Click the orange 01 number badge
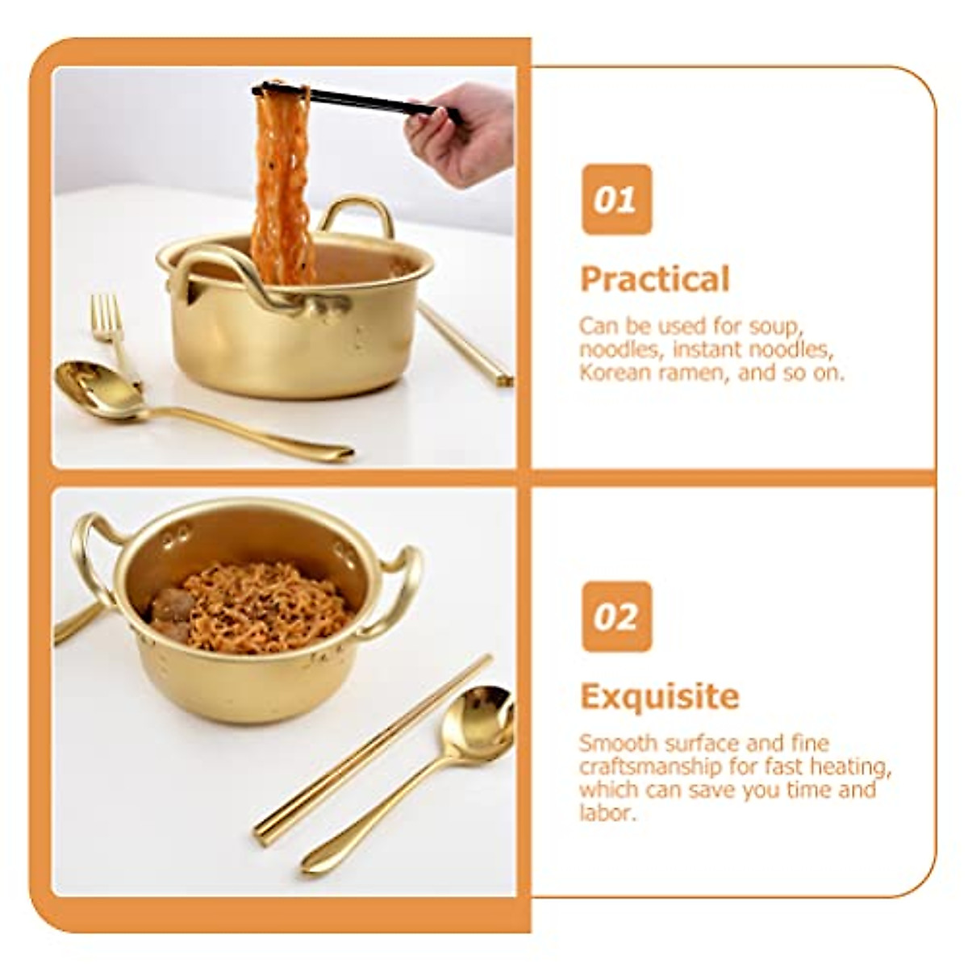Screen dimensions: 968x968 pos(616,199)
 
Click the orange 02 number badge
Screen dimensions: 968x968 pos(616,616)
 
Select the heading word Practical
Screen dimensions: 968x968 pos(654,279)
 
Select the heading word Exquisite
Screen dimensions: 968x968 pos(659,696)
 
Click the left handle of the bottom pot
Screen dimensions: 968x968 pos(89,553)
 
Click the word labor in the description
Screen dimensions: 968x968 pos(606,812)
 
